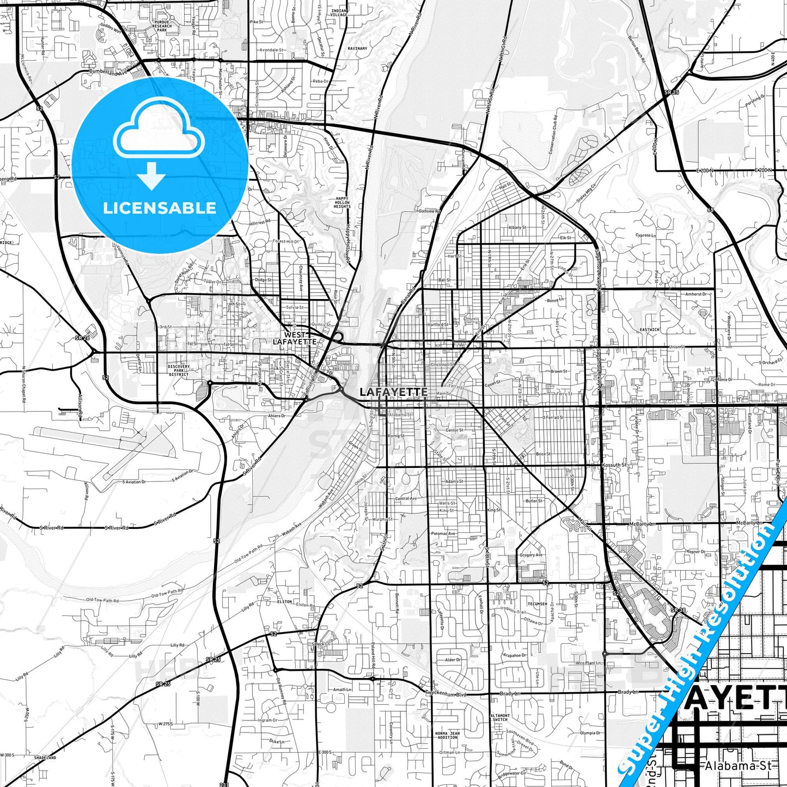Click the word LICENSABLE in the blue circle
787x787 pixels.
click(x=160, y=208)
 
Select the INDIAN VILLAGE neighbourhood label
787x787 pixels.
click(x=339, y=13)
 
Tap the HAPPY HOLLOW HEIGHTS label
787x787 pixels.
click(x=342, y=203)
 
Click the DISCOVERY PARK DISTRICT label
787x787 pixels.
click(x=179, y=370)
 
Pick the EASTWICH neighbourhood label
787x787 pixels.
click(x=649, y=330)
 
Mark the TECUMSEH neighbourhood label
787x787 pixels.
click(x=537, y=604)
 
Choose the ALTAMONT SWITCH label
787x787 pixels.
click(x=499, y=717)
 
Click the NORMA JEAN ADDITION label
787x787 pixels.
click(x=447, y=735)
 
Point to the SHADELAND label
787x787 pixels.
click(x=45, y=758)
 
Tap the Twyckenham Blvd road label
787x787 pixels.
click(x=446, y=693)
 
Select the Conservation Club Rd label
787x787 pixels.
click(x=553, y=135)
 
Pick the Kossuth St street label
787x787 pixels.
click(x=614, y=465)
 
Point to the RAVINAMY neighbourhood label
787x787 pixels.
click(x=357, y=48)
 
